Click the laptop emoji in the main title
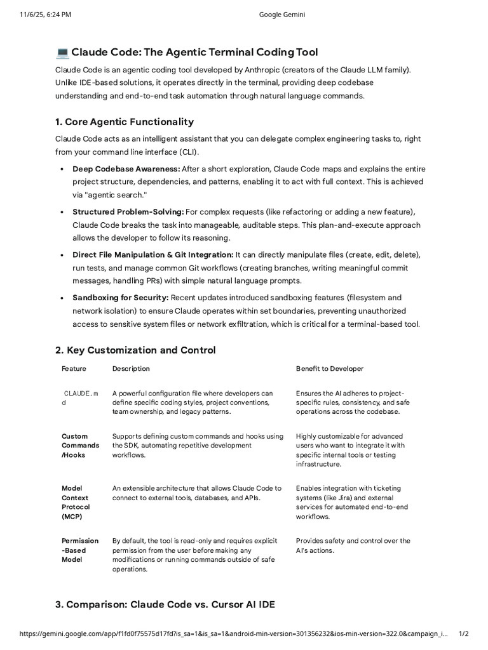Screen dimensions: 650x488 click(62, 52)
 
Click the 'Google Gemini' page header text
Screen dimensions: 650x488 click(283, 15)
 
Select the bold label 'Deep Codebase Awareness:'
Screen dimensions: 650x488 click(126, 169)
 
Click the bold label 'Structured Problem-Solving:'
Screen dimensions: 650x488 click(128, 211)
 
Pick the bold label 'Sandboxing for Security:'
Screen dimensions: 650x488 click(121, 298)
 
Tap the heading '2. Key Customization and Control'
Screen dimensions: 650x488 click(135, 350)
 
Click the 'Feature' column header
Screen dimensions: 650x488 click(74, 369)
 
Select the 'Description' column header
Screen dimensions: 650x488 click(131, 369)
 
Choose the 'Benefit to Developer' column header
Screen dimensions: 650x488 click(330, 369)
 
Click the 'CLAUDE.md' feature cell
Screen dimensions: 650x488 click(80, 398)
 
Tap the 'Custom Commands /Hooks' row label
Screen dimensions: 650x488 click(80, 445)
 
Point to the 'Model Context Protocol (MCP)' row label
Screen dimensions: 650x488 click(76, 502)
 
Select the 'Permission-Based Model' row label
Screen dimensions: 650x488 click(80, 550)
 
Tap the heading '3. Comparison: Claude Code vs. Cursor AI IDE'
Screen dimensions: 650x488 click(165, 604)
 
